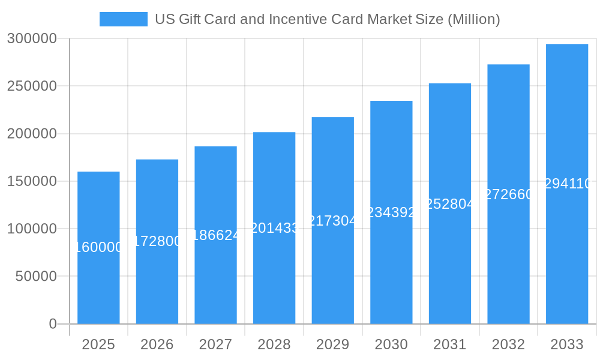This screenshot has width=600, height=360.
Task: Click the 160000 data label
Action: click(x=99, y=247)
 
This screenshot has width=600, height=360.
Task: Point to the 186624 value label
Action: click(x=215, y=235)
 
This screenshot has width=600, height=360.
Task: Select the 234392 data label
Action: click(x=391, y=212)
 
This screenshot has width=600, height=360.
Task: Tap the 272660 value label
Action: click(x=508, y=194)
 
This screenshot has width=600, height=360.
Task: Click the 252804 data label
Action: click(x=450, y=204)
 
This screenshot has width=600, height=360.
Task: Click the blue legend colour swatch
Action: click(x=123, y=19)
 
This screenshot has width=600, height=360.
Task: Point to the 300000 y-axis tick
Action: click(x=32, y=39)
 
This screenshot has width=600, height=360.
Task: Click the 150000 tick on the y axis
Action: click(x=32, y=181)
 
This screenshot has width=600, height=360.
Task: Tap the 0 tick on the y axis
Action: click(x=53, y=324)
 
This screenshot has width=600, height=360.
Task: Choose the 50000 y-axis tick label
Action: click(x=35, y=277)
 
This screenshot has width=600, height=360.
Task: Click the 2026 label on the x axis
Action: click(x=157, y=344)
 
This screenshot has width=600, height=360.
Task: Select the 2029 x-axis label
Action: click(x=332, y=344)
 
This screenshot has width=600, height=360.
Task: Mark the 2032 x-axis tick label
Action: click(x=508, y=344)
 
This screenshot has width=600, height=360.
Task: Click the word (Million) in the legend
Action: click(x=474, y=19)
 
